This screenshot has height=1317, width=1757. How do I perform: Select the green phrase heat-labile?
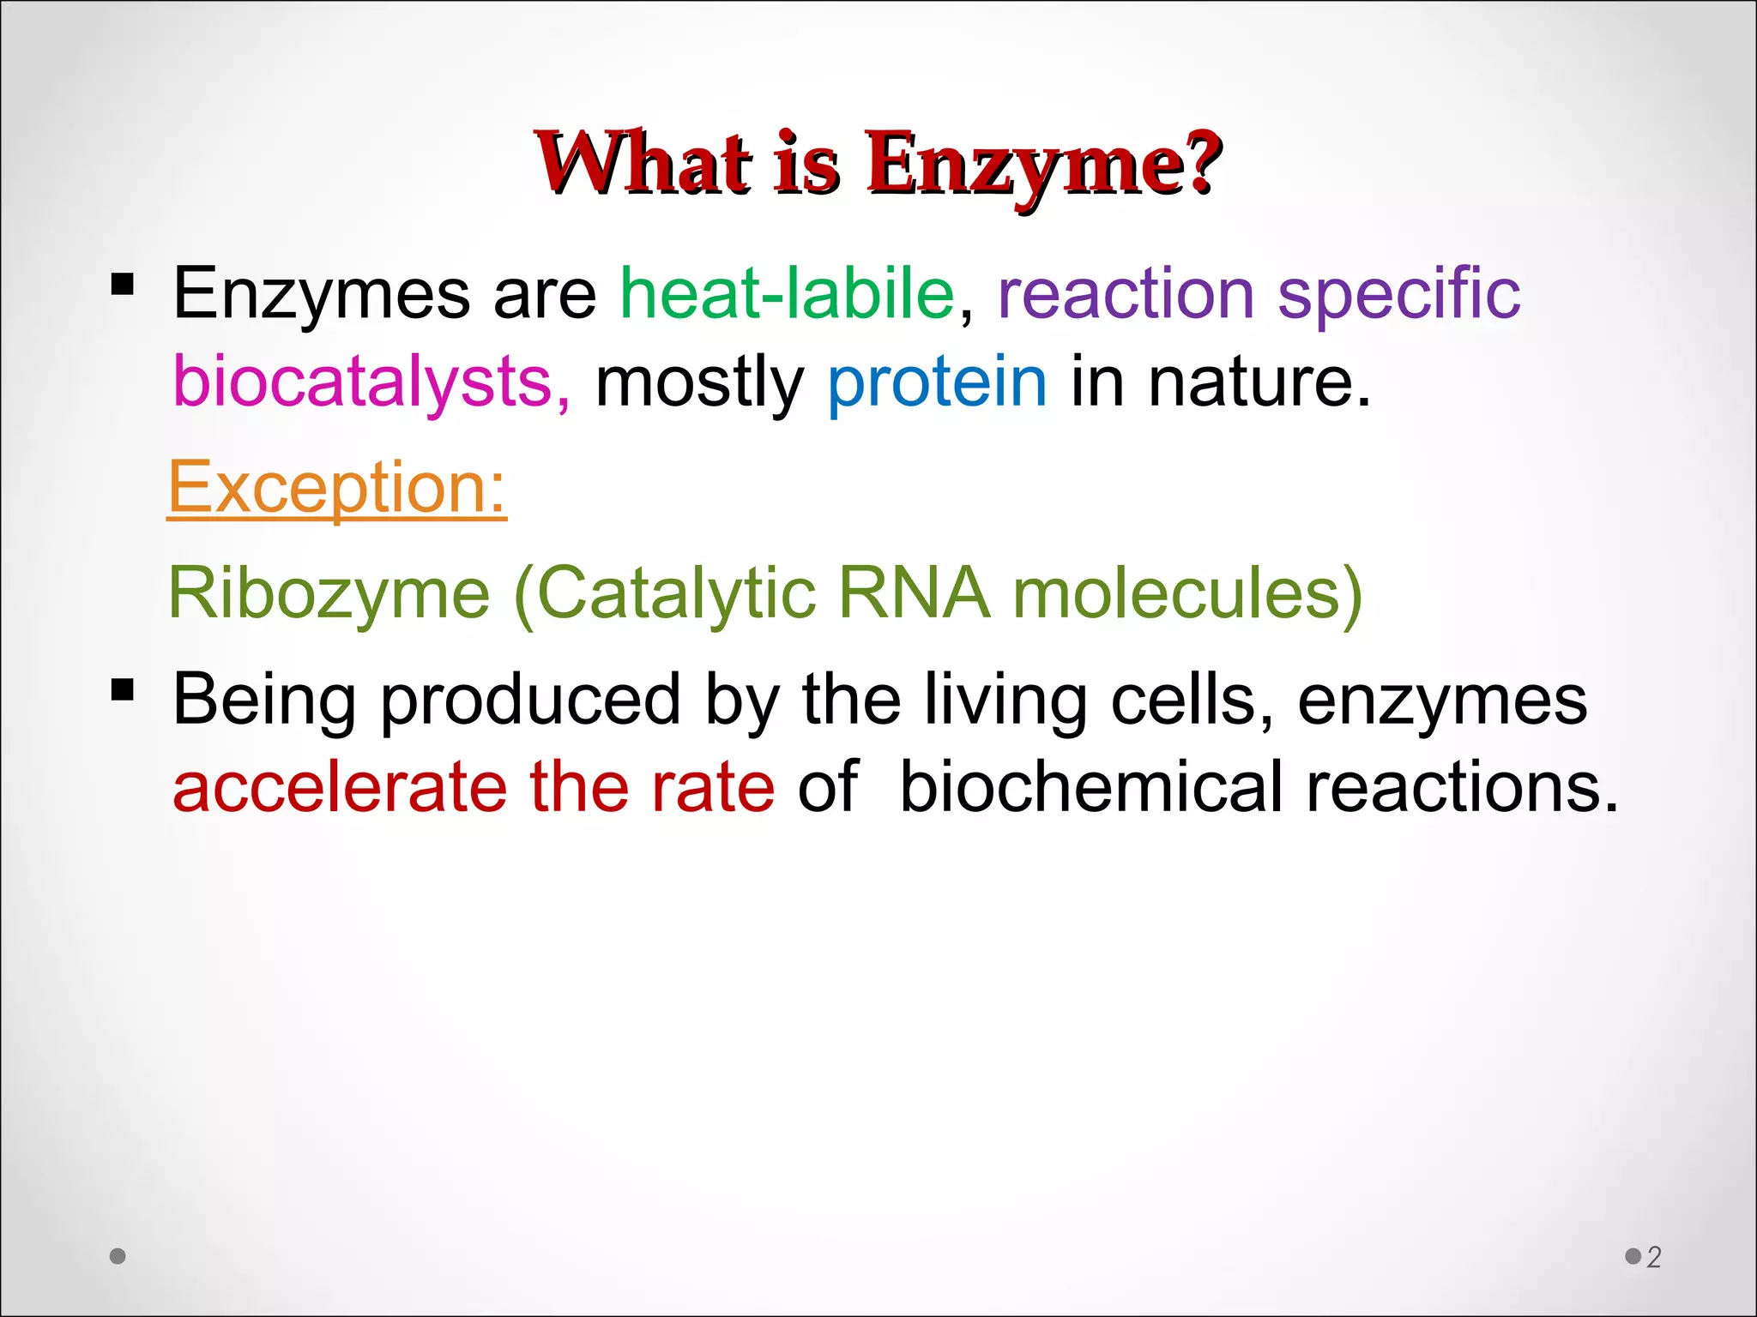[787, 294]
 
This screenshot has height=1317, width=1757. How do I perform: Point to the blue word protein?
[937, 382]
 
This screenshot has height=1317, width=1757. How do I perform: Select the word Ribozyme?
[329, 593]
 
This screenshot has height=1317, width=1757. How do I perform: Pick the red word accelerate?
[339, 787]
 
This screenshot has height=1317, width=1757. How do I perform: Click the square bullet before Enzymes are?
[123, 284]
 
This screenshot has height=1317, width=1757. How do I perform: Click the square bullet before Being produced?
[123, 689]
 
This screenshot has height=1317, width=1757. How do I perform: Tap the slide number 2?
[1653, 1257]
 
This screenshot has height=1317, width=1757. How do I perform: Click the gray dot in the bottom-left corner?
[118, 1256]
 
